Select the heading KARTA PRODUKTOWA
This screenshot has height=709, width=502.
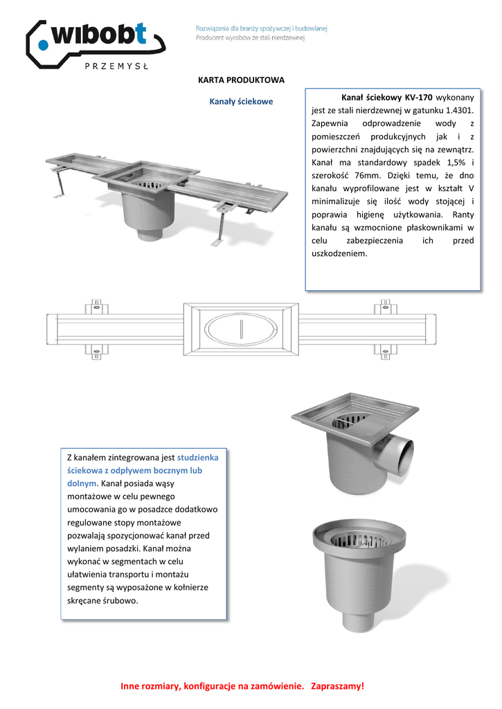(242, 80)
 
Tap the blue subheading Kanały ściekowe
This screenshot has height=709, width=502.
(241, 101)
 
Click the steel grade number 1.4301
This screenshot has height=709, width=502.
(460, 109)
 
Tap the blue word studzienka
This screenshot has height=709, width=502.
(198, 458)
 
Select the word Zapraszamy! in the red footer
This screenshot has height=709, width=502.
(337, 686)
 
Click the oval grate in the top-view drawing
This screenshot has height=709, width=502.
(241, 330)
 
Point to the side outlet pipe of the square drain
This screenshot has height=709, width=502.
(400, 456)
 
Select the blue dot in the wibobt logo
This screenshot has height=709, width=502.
(43, 46)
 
